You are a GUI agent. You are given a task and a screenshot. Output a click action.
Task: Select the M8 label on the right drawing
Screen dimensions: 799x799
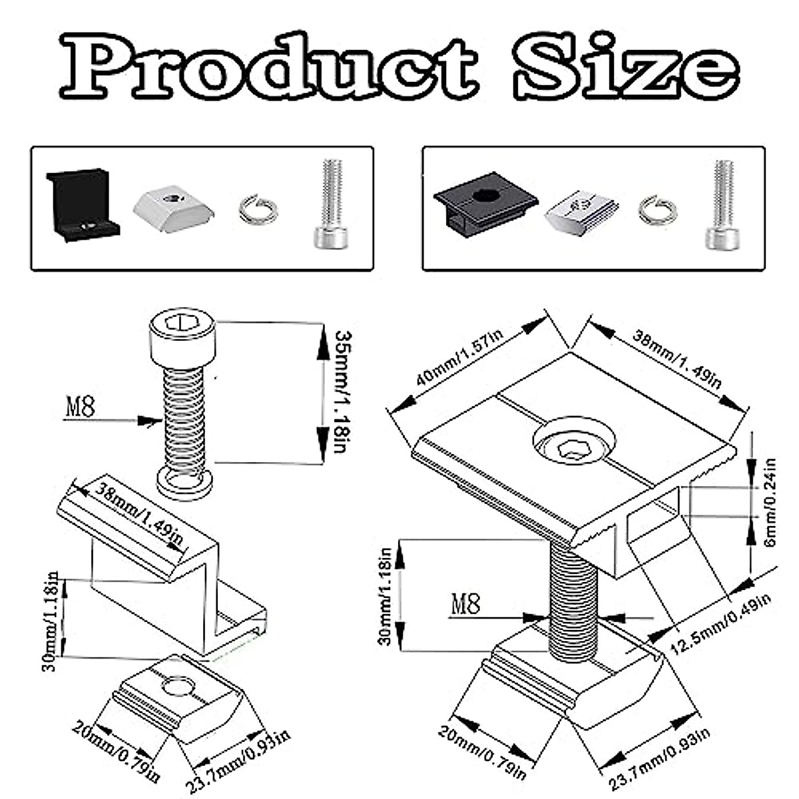[466, 605]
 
